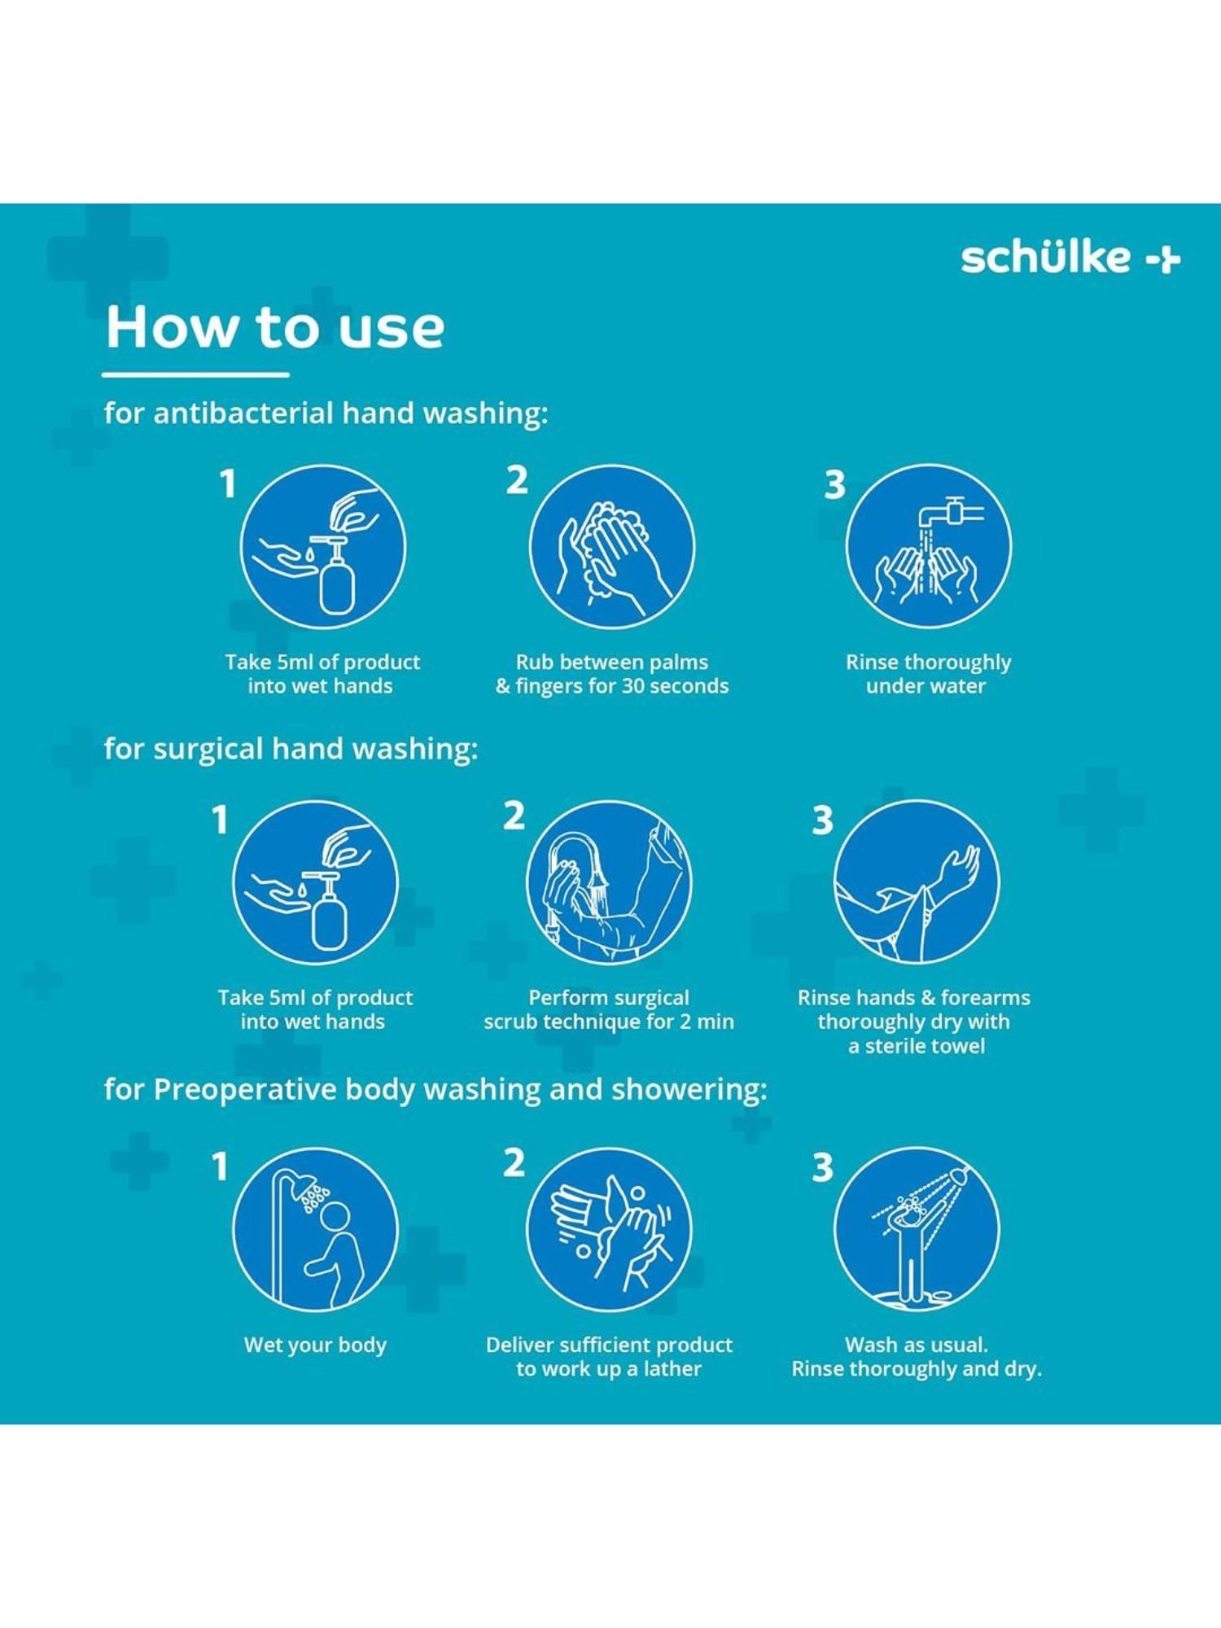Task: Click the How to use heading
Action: pos(275,327)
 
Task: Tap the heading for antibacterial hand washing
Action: pos(326,414)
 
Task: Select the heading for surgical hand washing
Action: pos(291,749)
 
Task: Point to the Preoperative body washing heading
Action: pos(435,1089)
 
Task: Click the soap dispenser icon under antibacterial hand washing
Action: pos(322,547)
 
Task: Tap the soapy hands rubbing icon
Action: pos(612,547)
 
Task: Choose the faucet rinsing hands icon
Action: pos(929,547)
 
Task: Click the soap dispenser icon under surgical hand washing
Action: pos(315,882)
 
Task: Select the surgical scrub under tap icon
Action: pos(609,882)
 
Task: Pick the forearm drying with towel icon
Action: pos(917,882)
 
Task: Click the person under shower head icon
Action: pos(315,1230)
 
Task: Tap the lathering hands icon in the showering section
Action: pos(609,1230)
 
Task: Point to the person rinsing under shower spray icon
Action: pos(917,1230)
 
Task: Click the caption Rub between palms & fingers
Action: pos(612,674)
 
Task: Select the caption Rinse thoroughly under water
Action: pos(928,674)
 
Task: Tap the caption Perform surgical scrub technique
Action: pos(609,1009)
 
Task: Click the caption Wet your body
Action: pos(315,1346)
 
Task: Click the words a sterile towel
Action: pos(917,1046)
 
